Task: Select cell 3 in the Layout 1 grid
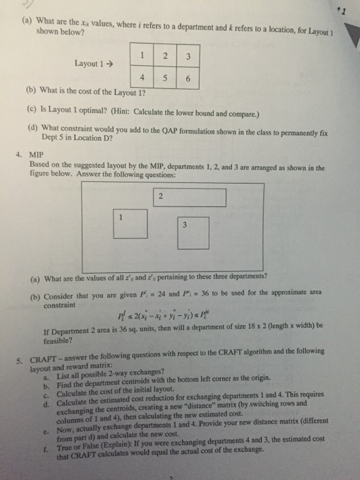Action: point(188,55)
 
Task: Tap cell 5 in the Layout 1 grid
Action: point(165,77)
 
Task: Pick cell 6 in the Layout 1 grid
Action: point(188,77)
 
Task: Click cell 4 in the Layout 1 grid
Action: point(141,77)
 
